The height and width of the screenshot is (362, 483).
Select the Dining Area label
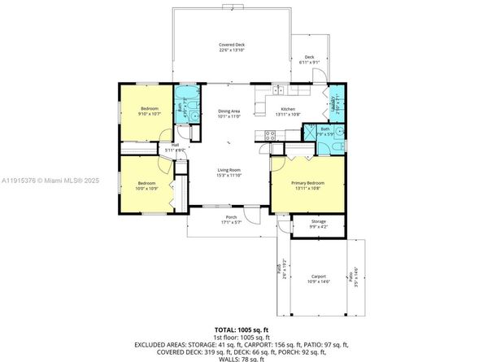(x=229, y=114)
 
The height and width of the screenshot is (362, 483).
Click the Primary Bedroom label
(x=308, y=185)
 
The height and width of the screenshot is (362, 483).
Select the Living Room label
(x=228, y=172)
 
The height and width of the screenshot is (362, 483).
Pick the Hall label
(x=175, y=147)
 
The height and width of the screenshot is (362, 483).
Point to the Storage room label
(x=318, y=224)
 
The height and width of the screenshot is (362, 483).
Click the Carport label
(x=318, y=278)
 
